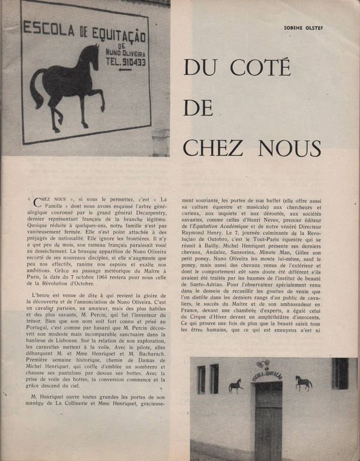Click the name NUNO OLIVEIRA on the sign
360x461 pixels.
click(x=122, y=52)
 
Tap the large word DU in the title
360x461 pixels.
click(x=200, y=67)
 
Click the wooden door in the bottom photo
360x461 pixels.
click(x=268, y=420)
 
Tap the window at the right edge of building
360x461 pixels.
click(x=340, y=373)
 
